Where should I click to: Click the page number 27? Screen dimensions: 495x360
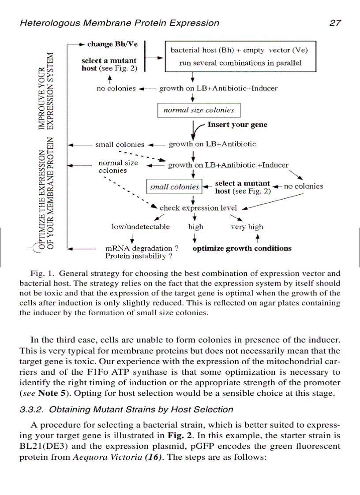[335, 23]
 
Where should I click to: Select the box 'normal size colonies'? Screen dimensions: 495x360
[199, 110]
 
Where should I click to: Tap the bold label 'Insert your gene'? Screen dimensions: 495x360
[237, 125]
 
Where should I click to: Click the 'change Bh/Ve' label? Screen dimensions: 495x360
[112, 44]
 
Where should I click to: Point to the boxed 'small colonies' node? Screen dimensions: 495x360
[174, 187]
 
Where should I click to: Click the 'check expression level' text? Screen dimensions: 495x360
[198, 208]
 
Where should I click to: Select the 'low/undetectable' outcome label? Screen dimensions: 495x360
[140, 227]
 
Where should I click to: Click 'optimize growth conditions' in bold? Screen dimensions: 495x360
[242, 248]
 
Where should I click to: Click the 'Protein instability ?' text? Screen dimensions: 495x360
[139, 256]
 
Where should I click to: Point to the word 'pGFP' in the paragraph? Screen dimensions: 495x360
[210, 446]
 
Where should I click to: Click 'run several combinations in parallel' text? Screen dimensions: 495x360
[240, 63]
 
